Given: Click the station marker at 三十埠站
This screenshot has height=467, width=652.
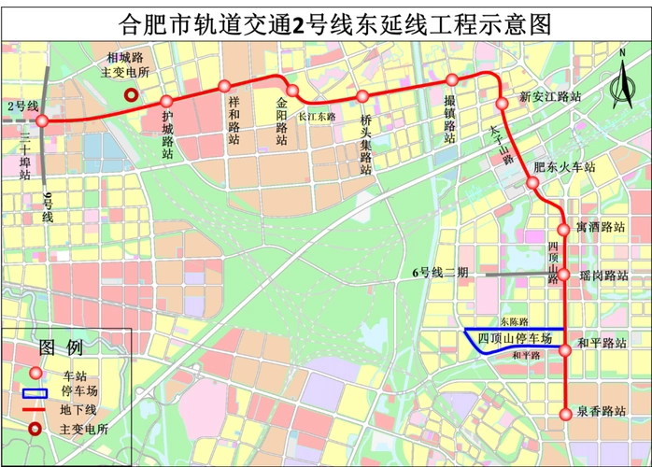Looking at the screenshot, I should coord(42,120).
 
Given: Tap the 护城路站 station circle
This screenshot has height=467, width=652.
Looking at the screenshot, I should coord(166,101).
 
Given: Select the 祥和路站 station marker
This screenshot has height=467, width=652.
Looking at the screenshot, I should coord(224,86).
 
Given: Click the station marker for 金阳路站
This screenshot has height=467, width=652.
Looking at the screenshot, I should coord(291,91).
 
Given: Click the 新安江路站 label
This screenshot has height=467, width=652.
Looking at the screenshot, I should coord(551,96).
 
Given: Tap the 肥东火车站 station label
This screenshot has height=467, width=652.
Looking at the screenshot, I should coord(564,168).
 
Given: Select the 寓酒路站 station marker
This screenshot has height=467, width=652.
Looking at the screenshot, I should coord(563,229).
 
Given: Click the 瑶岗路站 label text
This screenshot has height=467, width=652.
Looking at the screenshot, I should coord(603,276).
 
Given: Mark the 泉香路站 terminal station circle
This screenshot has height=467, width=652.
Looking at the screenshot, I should coord(564,414).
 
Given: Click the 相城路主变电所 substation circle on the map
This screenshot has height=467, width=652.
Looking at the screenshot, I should coord(133,93).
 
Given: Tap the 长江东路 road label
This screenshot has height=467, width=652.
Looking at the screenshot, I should coord(316,116).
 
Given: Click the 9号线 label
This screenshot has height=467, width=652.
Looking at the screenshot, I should coord(48,206).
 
